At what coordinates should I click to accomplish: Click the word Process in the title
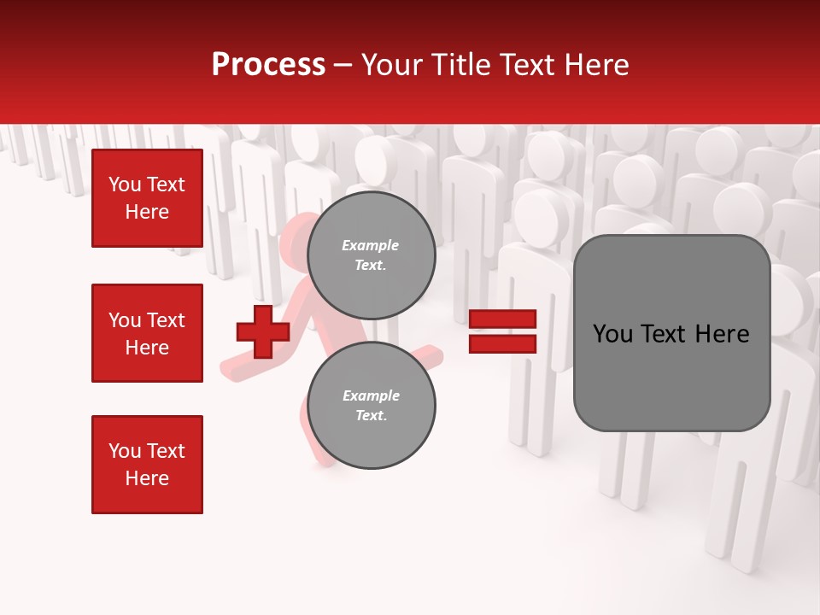tap(268, 64)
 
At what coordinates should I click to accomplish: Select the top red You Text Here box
tap(147, 198)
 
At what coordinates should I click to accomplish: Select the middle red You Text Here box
tap(147, 333)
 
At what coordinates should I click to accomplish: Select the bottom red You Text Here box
tap(147, 465)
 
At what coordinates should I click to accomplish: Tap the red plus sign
tap(263, 331)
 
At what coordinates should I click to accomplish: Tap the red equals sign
tap(502, 331)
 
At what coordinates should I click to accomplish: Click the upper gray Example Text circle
tap(371, 255)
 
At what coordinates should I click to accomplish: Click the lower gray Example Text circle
tap(371, 405)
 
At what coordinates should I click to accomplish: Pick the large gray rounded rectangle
tap(671, 332)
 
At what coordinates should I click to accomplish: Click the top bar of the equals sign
tap(502, 319)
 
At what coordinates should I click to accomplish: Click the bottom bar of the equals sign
tap(502, 343)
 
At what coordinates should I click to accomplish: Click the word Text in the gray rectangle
tap(665, 334)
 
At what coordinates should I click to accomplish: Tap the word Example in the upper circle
tap(370, 245)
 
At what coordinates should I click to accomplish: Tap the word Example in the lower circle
tap(371, 395)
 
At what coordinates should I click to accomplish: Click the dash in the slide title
tap(343, 65)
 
